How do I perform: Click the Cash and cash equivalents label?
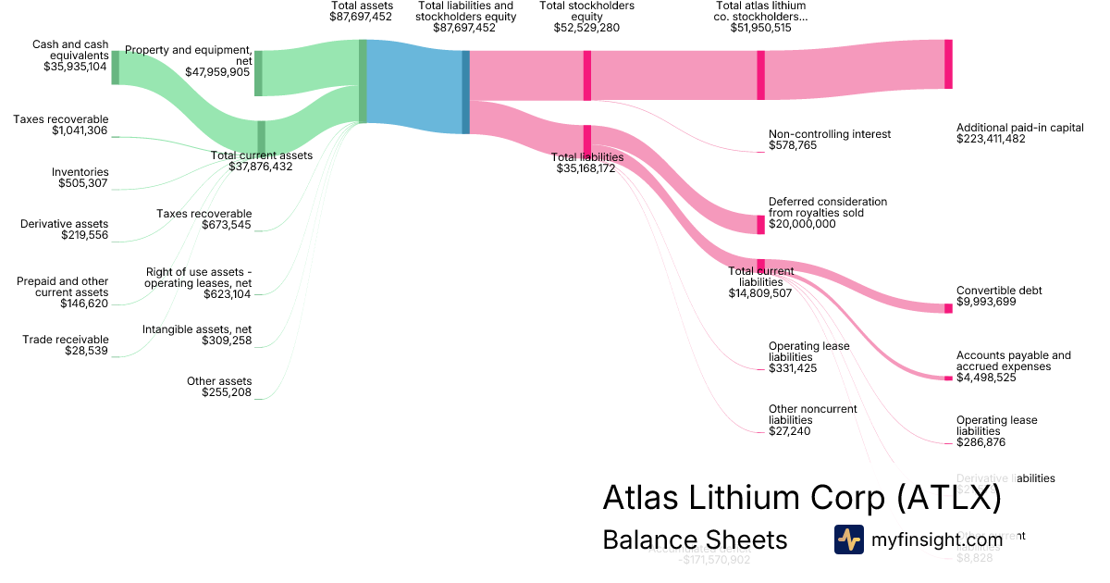coord(69,49)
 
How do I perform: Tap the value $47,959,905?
coord(217,71)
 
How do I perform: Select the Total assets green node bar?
coord(363,81)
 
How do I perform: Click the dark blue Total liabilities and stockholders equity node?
coord(465,92)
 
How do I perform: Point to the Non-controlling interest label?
coord(829,134)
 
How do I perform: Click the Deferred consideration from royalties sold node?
coord(761,224)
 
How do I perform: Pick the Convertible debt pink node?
coord(948,308)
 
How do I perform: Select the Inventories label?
coord(80,172)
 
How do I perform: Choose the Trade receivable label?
coord(65,340)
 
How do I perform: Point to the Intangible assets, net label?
coord(196,329)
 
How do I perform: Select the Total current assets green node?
coord(261,135)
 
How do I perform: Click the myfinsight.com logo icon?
coord(848,540)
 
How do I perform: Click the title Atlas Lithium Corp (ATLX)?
coord(801,498)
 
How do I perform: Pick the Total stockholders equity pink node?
coord(586,75)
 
